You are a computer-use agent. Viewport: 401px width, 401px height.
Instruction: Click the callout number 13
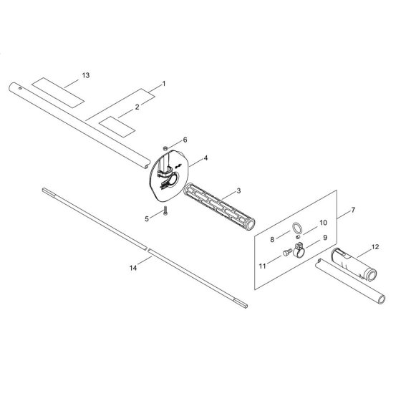(86, 75)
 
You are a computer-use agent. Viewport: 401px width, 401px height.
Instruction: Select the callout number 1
(164, 84)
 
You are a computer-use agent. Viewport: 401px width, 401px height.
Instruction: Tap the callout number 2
(137, 107)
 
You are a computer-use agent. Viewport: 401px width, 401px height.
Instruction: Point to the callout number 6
(185, 140)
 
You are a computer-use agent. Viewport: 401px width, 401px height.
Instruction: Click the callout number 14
(133, 268)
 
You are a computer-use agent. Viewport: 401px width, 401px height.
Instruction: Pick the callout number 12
(375, 247)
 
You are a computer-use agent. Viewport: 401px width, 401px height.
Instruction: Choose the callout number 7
(353, 210)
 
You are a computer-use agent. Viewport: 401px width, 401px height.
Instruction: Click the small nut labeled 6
(165, 148)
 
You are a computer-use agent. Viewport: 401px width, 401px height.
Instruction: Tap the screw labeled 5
(165, 211)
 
